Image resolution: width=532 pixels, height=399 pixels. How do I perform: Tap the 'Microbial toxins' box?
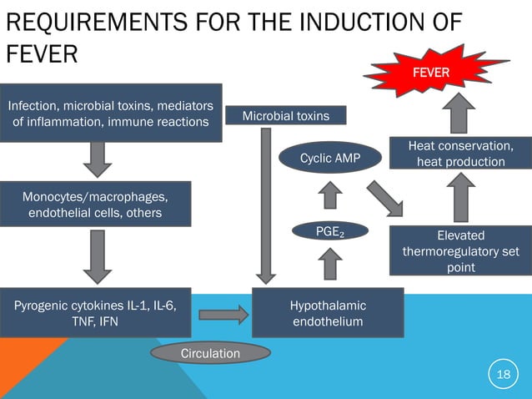(x=285, y=115)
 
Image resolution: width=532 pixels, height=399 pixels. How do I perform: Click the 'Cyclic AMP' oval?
(x=329, y=158)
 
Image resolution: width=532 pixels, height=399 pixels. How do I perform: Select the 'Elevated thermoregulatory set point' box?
(x=460, y=250)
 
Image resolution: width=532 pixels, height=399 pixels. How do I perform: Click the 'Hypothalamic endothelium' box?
(x=328, y=313)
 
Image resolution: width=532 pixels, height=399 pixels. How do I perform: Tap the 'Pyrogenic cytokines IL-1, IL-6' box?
(x=95, y=313)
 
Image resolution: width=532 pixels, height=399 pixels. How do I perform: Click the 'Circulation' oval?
(x=210, y=354)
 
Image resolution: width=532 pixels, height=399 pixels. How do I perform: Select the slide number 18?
(x=503, y=375)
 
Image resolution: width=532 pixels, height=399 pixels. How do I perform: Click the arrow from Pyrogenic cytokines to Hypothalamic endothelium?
(x=224, y=314)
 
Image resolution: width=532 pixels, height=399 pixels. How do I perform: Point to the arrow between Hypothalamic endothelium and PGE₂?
(x=331, y=265)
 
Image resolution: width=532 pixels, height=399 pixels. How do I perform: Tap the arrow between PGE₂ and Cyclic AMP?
(x=331, y=196)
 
